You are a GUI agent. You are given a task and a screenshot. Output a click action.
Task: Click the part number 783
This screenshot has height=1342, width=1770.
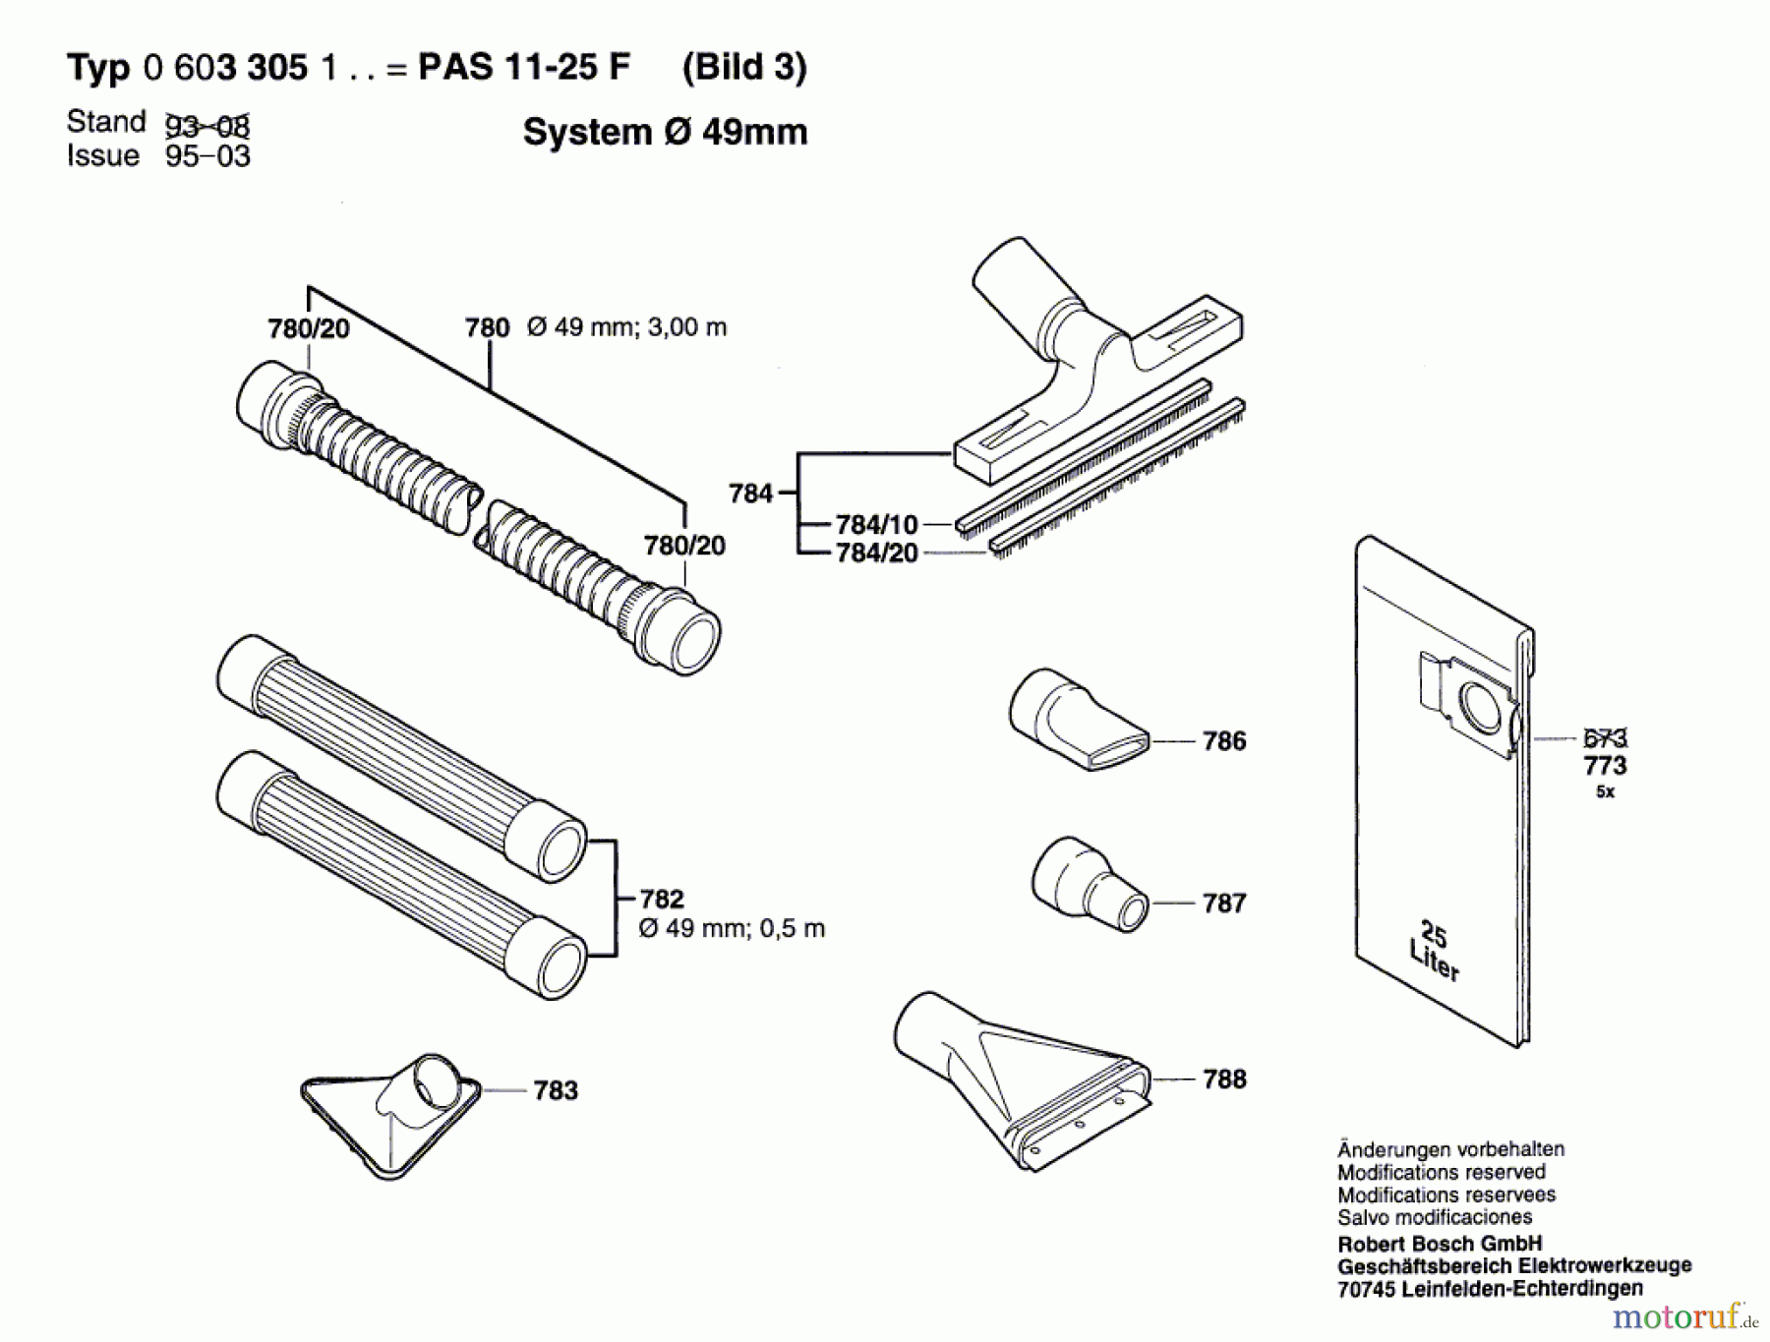click(x=556, y=1090)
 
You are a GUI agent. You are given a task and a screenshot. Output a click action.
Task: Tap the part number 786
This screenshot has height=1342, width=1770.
click(x=1224, y=741)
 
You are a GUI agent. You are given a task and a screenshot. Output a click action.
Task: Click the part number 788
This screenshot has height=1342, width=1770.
click(x=1224, y=1079)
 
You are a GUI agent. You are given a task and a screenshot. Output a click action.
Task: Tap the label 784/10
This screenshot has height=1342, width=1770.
click(x=876, y=525)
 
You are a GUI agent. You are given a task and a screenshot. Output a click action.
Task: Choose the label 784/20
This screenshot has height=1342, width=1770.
click(x=876, y=554)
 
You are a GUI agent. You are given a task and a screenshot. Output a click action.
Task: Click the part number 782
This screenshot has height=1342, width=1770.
click(x=661, y=899)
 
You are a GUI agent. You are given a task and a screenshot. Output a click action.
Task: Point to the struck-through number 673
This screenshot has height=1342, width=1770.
click(x=1605, y=737)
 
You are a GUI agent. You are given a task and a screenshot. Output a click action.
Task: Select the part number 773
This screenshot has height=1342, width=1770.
click(x=1605, y=765)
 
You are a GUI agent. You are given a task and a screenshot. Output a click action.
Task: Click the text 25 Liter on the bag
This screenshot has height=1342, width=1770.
click(x=1435, y=951)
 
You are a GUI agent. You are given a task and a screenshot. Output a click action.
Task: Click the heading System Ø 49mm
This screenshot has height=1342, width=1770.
click(x=665, y=132)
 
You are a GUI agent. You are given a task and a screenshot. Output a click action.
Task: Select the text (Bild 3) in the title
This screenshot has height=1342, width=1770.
click(x=744, y=67)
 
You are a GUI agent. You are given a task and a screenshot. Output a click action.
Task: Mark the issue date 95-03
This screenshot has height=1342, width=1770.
click(x=207, y=156)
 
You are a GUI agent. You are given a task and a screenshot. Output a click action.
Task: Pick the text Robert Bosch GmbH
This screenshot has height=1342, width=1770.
click(x=1440, y=1244)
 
